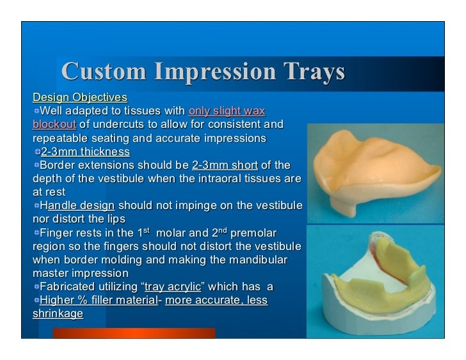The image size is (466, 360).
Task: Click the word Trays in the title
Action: tap(310, 73)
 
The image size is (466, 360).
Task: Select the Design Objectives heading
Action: tap(80, 98)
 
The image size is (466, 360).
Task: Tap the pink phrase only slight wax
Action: tap(227, 111)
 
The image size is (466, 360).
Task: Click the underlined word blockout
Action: tap(54, 124)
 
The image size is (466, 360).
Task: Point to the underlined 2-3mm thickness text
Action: tap(85, 152)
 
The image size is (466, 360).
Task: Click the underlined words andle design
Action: tap(81, 206)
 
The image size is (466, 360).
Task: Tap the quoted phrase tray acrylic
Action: tap(173, 286)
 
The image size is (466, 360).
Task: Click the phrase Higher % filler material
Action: tap(99, 300)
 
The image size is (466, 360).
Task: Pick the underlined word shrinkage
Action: tap(58, 314)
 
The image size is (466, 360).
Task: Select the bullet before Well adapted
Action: tap(37, 112)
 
